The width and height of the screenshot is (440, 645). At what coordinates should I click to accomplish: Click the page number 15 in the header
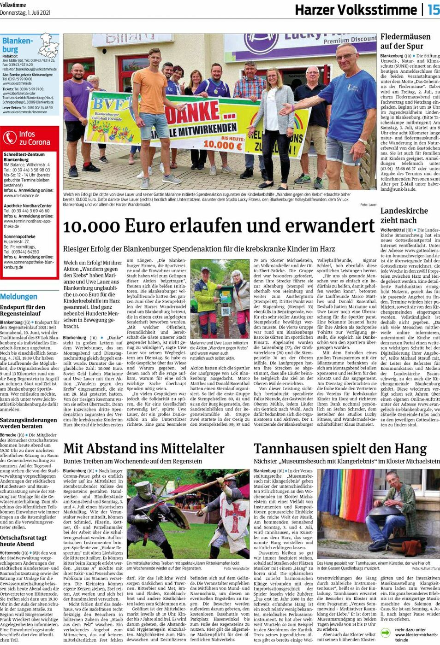433,10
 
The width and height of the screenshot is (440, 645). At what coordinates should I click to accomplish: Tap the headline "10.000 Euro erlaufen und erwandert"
219,226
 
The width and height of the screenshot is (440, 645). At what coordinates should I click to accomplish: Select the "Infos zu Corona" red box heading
34,138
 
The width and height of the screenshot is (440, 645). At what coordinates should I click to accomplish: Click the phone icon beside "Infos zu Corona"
10,138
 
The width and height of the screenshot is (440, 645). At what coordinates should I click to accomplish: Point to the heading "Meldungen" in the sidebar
18,297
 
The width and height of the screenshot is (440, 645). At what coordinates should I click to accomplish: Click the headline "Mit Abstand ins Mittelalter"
144,449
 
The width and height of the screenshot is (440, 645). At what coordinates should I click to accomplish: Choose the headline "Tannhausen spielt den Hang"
340,449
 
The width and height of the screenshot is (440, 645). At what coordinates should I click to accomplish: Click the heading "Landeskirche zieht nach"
404,216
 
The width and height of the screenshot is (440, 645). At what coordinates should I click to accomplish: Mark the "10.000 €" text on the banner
222,144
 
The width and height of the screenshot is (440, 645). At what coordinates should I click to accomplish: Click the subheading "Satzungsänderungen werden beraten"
29,423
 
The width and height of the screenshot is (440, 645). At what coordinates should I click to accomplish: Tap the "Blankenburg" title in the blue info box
18,45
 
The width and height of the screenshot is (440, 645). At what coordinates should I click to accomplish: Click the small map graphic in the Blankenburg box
49,45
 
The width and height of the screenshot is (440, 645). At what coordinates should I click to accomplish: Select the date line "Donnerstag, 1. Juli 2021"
25,12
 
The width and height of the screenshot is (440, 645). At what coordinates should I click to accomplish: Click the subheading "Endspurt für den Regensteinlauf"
23,310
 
